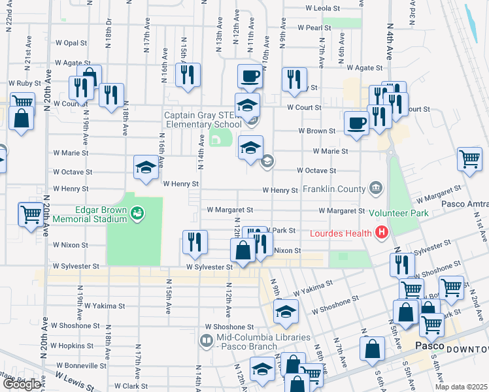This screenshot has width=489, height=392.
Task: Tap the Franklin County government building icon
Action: click(375, 189)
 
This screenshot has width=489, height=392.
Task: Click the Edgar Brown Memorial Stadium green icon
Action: click(137, 212)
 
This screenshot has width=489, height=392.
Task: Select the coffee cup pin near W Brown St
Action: click(357, 123)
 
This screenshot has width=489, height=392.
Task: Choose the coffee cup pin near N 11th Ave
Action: click(249, 76)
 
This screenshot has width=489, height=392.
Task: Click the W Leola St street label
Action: click(323, 9)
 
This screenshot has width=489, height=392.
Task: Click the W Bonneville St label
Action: click(81, 366)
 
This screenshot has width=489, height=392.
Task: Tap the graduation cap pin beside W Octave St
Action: click(145, 167)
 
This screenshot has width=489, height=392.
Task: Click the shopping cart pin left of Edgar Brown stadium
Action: click(31, 214)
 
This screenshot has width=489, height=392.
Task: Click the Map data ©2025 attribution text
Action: click(460, 387)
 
